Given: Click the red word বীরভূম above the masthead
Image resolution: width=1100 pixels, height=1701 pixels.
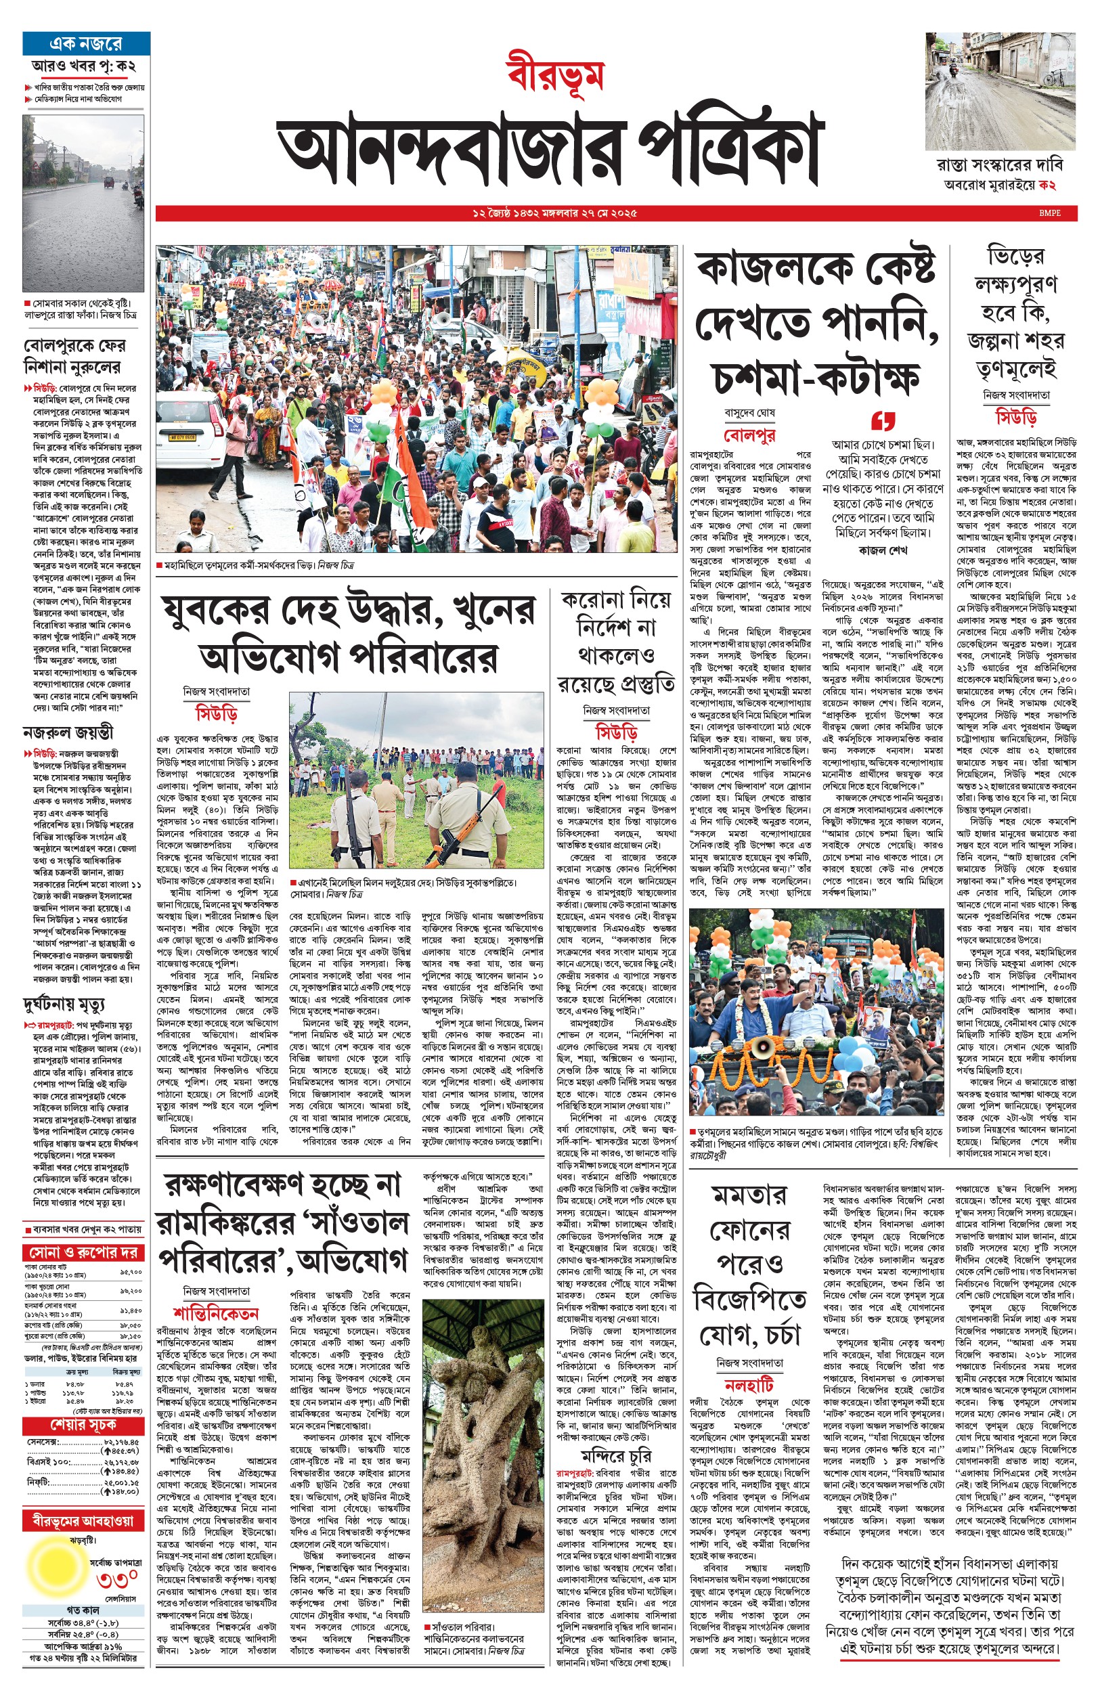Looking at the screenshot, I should tap(555, 74).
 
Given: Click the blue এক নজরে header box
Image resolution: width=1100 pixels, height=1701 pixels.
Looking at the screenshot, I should tap(86, 43).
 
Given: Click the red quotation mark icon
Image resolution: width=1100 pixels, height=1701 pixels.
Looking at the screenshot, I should tap(883, 420).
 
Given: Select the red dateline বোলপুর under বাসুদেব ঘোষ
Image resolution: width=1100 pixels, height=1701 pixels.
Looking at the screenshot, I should tap(749, 435).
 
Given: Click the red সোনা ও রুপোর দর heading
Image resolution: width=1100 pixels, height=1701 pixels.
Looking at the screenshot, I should tap(83, 1252).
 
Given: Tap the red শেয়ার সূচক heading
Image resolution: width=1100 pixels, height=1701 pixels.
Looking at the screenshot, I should tap(83, 1425).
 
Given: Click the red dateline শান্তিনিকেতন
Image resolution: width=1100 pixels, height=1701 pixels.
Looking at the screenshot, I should tap(215, 1313).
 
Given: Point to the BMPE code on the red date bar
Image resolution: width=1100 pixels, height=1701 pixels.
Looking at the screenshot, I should tap(1050, 213).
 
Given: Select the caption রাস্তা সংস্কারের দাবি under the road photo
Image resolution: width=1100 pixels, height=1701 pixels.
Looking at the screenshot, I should tap(999, 166).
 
